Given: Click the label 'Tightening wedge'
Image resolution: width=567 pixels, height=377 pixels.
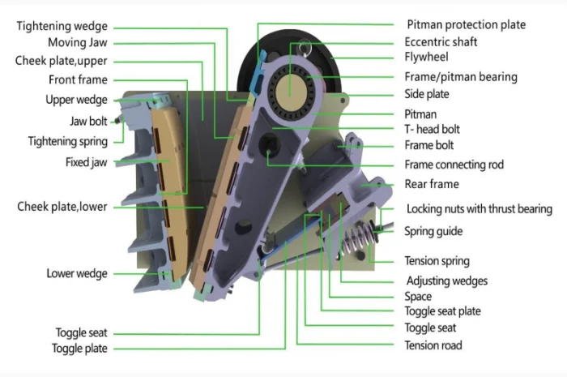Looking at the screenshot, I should point(62,27).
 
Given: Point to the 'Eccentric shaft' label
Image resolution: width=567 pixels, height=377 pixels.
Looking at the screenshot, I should point(441,41).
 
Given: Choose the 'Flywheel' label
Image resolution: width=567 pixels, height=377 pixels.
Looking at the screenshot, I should point(426,58).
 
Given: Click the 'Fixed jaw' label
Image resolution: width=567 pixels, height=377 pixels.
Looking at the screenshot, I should point(86,162).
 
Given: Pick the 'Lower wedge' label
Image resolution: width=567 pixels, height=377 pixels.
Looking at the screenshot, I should point(76,273).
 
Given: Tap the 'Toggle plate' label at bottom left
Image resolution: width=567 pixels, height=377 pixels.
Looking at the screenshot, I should point(79,349).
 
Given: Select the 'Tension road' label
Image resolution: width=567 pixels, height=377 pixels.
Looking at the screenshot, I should point(433,345).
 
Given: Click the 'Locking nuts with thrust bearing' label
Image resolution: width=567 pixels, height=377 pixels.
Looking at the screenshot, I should point(479,209).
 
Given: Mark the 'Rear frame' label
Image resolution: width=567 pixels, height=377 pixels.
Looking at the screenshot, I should point(432,185).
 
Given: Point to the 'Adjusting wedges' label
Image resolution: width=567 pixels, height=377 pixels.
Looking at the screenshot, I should point(446,281).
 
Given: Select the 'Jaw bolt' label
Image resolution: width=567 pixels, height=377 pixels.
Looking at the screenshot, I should point(87,122).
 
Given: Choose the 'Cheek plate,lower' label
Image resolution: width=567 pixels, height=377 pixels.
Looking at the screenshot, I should point(62,207).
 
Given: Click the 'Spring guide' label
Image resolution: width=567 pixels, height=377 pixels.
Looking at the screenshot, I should point(433,232).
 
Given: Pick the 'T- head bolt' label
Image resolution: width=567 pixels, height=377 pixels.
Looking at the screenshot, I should point(432,129).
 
